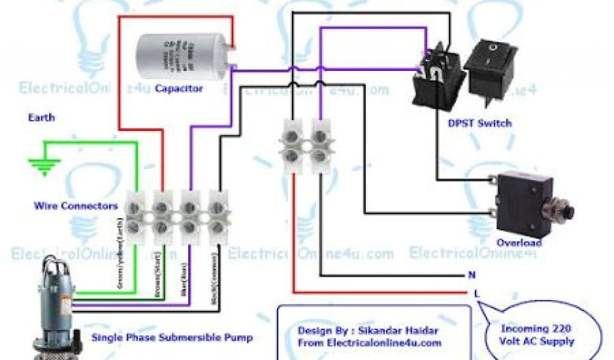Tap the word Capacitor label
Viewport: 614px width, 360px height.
(179, 89)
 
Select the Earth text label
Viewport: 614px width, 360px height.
(41, 118)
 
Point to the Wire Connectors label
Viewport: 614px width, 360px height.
(76, 206)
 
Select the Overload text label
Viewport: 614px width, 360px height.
(519, 243)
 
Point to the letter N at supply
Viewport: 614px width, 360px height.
(472, 276)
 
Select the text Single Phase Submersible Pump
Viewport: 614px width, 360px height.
(171, 338)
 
